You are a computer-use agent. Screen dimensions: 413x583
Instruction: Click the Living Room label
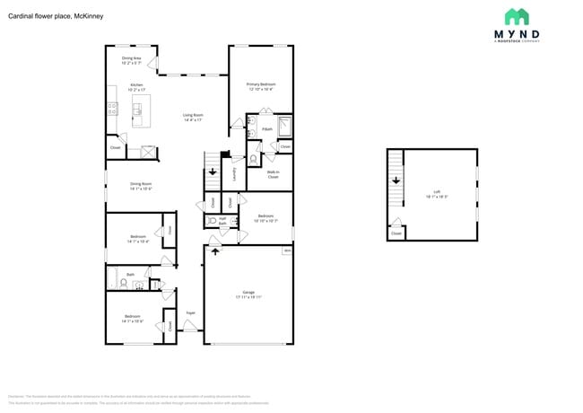pos(193,117)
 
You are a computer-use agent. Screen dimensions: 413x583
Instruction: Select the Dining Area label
pos(132,61)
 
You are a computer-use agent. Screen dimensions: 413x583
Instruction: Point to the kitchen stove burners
pos(112,109)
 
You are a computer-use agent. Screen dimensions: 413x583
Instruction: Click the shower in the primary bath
pos(284,125)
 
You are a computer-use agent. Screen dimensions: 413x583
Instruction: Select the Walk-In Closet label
pos(273,174)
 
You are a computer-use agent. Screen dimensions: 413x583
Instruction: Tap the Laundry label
pos(233,174)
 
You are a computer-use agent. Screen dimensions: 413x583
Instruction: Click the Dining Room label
pos(141,187)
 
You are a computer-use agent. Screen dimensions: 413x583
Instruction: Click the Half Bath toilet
pos(212,221)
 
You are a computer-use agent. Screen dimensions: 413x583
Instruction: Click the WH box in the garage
pos(286,250)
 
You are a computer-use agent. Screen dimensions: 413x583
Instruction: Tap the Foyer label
pos(190,312)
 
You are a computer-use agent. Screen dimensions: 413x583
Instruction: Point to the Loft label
pos(437,193)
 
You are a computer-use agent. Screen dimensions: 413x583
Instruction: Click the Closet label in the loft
pos(396,233)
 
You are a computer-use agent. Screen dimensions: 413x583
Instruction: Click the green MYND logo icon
pos(516,17)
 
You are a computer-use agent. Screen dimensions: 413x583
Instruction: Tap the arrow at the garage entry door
pos(214,251)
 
